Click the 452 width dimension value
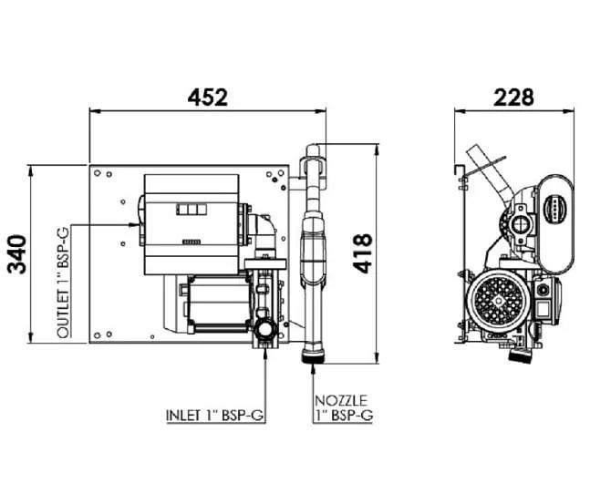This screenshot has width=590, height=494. [x=208, y=98]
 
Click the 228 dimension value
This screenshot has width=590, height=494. [x=513, y=98]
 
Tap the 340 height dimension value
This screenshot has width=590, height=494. [x=17, y=254]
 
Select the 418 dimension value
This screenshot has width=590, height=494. [x=363, y=253]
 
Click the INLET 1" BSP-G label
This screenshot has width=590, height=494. [x=215, y=415]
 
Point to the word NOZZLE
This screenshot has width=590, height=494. [x=341, y=401]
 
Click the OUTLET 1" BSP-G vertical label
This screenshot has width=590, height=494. [x=64, y=283]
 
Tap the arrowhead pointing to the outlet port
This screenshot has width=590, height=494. [x=134, y=225]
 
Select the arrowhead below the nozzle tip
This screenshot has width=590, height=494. [x=314, y=368]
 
